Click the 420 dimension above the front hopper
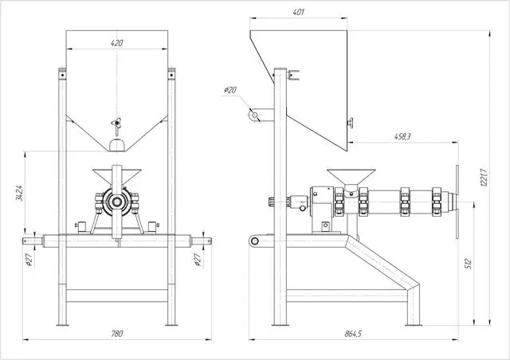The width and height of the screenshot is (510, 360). point(117,43)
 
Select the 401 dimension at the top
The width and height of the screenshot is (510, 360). point(299,13)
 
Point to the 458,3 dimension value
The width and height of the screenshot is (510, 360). point(402,137)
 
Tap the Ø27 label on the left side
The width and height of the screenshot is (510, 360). point(29,259)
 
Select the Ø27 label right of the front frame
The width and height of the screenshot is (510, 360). point(197,259)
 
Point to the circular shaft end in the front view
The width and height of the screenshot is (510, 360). point(117,202)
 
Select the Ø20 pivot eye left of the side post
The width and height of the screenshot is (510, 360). point(255,115)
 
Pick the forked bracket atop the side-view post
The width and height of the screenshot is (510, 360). point(296,76)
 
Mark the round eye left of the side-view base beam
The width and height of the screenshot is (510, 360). point(253,240)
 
